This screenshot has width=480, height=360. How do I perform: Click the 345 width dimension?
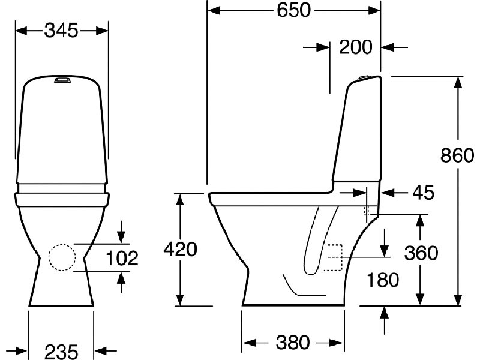61,31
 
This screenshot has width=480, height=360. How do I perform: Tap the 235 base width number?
61,351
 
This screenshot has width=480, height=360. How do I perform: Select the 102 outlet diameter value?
122,258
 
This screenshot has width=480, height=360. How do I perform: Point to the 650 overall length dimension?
293,10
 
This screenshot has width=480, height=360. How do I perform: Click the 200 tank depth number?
355,47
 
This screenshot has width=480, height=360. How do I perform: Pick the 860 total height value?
457,155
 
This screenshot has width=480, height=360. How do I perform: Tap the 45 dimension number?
424,193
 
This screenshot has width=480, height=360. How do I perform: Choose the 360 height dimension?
421,253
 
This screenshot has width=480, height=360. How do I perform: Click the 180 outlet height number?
383,280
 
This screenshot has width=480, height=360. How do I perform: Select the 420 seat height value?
180,249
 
